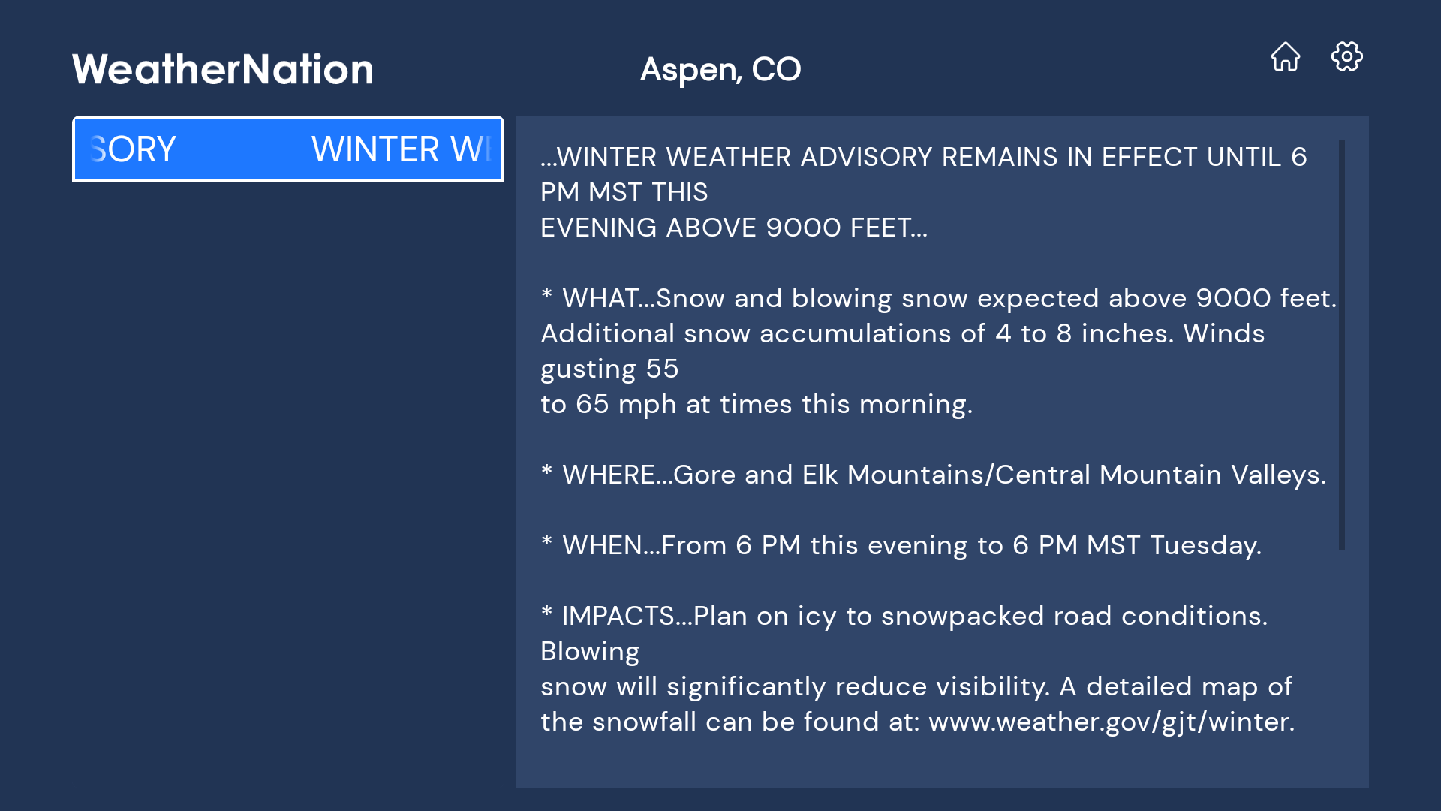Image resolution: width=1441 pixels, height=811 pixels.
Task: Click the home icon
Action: (1285, 57)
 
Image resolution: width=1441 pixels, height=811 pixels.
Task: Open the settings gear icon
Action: (1346, 57)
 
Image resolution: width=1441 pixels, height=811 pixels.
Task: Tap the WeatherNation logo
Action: (222, 69)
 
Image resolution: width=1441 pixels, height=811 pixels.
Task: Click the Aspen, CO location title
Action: (720, 69)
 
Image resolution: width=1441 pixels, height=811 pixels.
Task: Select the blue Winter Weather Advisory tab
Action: (288, 149)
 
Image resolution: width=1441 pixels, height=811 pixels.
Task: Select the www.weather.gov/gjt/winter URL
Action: (1111, 722)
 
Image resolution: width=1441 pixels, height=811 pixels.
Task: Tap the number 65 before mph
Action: (592, 405)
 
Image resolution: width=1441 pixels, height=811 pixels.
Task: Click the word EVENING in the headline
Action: (598, 228)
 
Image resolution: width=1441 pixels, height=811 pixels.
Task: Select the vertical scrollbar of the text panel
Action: (1341, 345)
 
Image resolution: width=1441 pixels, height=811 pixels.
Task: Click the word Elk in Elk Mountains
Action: (820, 475)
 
